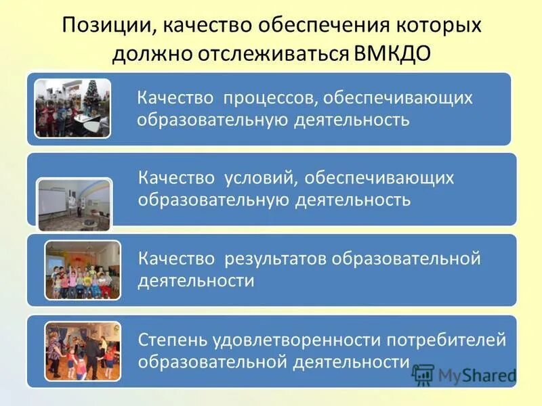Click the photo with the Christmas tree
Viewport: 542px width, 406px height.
point(72,108)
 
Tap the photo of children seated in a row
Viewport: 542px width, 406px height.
point(83,271)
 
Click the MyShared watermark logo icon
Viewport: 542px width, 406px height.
point(423,374)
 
